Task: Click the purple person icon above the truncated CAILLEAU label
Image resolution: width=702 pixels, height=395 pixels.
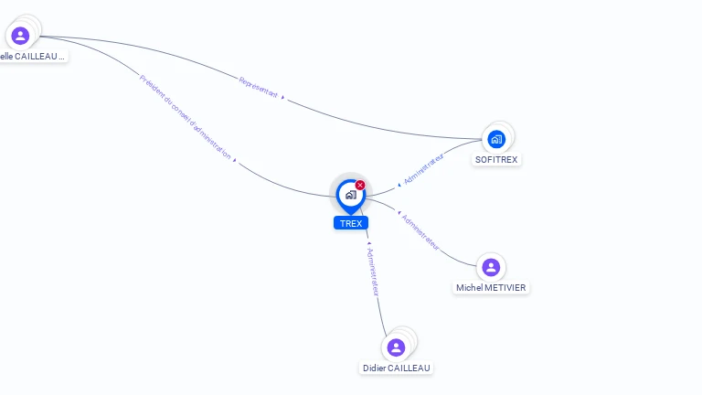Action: click(20, 36)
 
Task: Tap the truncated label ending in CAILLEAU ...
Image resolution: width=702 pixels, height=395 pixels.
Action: click(33, 56)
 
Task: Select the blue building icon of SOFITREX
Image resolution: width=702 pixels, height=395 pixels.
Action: click(496, 139)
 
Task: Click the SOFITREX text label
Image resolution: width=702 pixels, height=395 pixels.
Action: click(496, 159)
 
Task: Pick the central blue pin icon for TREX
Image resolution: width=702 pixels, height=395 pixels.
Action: click(350, 194)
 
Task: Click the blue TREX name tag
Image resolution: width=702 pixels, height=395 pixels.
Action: click(351, 223)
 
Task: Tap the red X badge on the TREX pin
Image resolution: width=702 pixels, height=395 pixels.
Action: click(360, 186)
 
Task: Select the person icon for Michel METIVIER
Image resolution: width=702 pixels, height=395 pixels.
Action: click(491, 267)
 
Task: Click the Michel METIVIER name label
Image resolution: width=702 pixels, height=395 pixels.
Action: click(492, 287)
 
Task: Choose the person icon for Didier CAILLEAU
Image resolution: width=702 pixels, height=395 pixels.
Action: click(396, 347)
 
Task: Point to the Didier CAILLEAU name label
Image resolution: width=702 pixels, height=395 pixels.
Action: click(396, 368)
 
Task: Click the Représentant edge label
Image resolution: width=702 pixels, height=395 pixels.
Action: click(258, 88)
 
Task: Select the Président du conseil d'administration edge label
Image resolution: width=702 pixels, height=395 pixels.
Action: click(185, 116)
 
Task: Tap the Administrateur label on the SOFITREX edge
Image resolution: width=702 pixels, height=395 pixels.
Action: click(424, 170)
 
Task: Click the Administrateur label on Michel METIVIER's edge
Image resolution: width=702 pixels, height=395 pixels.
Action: click(421, 232)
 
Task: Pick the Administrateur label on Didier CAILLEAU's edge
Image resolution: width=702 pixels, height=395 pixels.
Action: click(372, 271)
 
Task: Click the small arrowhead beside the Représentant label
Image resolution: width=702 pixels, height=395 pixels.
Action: click(282, 97)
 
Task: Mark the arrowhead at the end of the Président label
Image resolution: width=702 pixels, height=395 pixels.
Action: click(235, 160)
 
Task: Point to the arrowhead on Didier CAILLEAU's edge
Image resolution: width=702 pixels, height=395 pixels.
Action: click(367, 244)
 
